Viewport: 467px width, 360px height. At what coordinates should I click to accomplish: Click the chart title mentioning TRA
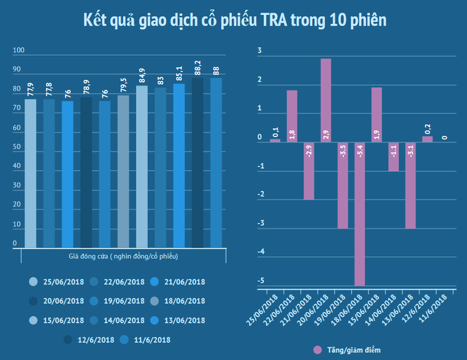[233, 21]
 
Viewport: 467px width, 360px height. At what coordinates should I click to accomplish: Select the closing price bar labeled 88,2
[197, 162]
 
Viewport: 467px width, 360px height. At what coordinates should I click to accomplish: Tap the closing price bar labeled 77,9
[30, 173]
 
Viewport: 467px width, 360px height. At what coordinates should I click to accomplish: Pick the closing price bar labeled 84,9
[142, 166]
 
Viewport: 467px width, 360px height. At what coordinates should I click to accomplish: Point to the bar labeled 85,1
[178, 166]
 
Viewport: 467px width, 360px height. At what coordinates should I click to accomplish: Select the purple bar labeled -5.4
[359, 213]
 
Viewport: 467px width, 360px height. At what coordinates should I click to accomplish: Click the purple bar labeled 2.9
[325, 100]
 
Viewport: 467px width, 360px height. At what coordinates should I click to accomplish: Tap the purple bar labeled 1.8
[292, 116]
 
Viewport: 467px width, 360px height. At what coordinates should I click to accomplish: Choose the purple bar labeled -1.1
[393, 156]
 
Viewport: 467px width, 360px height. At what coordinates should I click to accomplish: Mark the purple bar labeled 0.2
[427, 139]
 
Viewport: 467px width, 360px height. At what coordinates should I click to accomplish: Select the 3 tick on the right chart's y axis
[260, 51]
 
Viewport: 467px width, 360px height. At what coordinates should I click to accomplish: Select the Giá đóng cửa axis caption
[123, 255]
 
